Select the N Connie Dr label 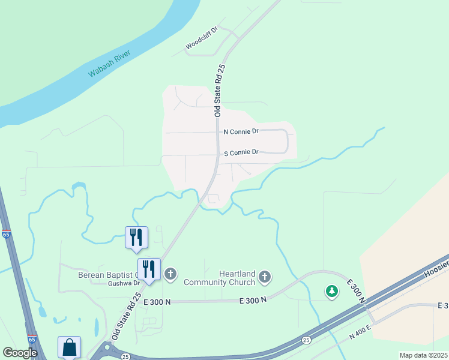click(x=241, y=131)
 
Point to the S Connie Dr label click(x=241, y=152)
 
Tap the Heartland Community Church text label click(x=220, y=278)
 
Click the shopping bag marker click(x=69, y=347)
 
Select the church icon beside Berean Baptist click(x=170, y=275)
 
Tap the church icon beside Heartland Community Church click(x=265, y=277)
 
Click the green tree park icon click(x=331, y=292)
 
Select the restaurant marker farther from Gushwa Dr click(x=136, y=237)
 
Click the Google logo click(x=20, y=353)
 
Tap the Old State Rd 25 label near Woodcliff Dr click(x=220, y=90)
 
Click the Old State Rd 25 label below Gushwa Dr click(x=125, y=318)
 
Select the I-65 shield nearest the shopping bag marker click(x=32, y=338)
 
